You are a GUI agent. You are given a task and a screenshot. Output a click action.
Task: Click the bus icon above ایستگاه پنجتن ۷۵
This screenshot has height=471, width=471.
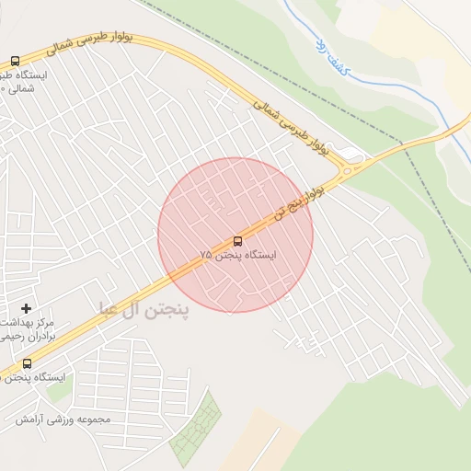238,241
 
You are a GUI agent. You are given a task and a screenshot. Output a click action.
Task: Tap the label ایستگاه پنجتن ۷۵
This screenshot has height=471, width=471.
238,254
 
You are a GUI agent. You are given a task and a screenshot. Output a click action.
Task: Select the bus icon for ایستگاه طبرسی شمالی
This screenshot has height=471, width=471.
15,61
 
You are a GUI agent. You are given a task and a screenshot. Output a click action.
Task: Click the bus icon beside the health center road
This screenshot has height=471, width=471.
27,363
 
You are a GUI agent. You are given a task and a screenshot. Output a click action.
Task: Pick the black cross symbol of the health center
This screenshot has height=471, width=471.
26,307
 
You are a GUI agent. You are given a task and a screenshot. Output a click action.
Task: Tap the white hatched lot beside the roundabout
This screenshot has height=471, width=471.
350,151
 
